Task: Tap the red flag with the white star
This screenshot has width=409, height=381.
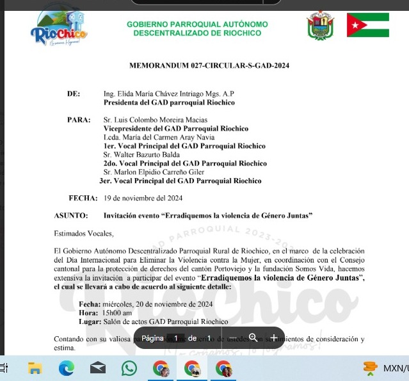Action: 367,24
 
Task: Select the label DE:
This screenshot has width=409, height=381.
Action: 74,93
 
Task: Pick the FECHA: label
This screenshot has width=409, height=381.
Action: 81,197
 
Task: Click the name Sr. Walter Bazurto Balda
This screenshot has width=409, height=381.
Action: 141,155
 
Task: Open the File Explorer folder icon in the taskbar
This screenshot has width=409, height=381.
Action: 35,368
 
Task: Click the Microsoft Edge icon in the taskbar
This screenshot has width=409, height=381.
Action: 67,368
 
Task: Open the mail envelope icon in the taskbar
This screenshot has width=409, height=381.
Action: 98,368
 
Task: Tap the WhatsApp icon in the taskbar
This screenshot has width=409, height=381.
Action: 129,368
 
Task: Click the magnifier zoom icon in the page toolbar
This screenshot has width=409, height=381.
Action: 253,337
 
